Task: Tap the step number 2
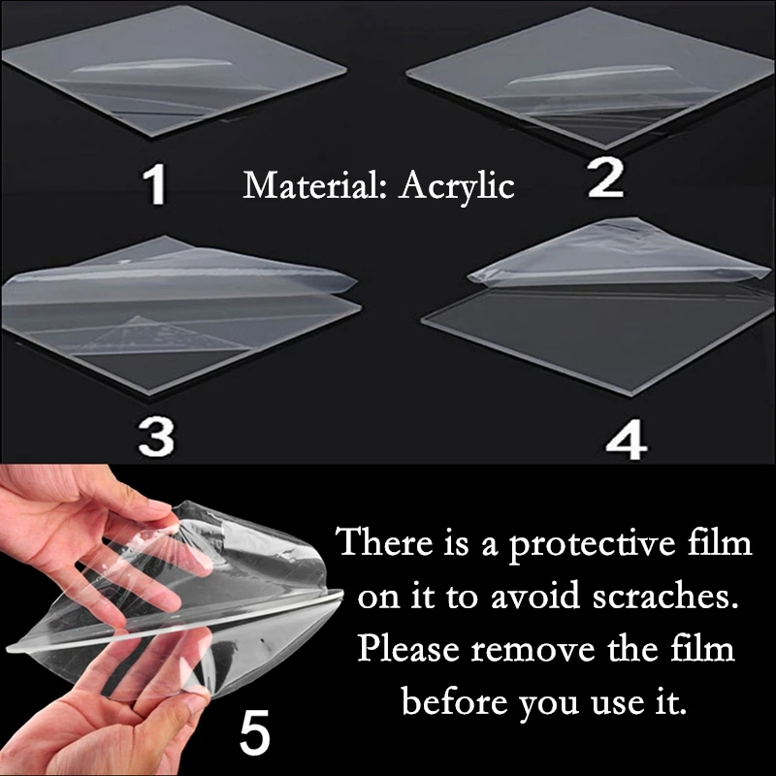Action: [605, 179]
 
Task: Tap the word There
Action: [379, 542]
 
